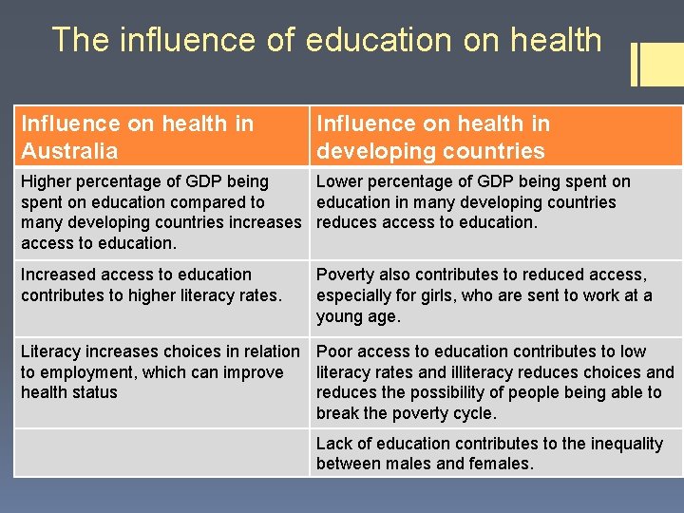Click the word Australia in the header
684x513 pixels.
coord(69,151)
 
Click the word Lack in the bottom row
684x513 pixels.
coord(333,444)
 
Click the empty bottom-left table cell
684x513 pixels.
coord(161,453)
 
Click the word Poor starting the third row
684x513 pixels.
coord(335,351)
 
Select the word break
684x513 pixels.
coord(338,413)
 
